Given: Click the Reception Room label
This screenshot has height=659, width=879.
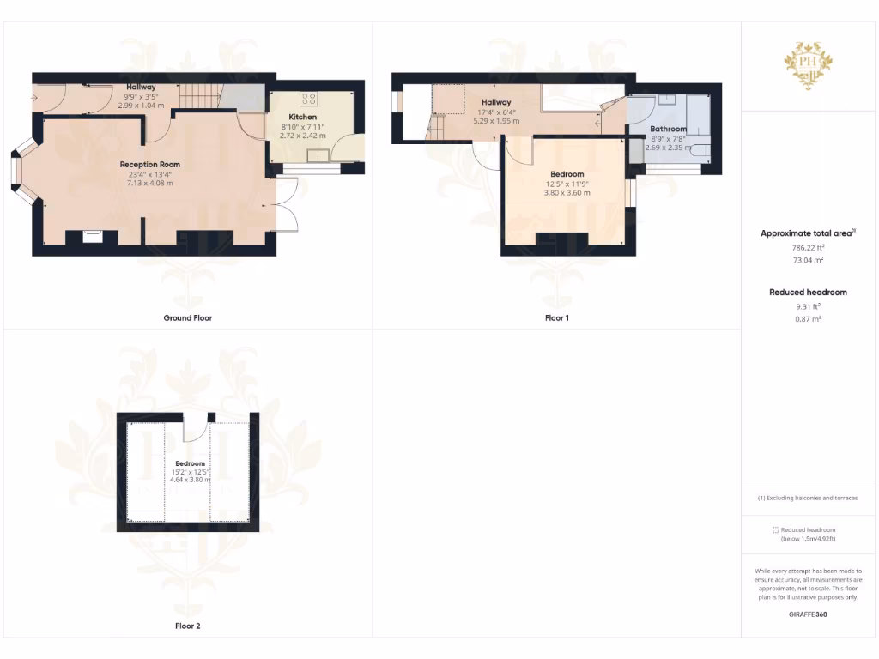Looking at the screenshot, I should click(150, 164).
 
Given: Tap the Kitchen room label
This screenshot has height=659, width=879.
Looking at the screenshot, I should click(302, 117).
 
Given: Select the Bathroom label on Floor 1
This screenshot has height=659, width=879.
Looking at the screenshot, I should click(669, 129).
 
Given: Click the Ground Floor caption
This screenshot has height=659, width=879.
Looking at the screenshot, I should click(188, 317).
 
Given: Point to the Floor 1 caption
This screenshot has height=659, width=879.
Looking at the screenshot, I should click(557, 317).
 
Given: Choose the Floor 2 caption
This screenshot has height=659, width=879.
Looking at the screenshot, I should click(188, 626).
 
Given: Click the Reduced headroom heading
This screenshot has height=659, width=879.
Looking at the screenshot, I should click(808, 293).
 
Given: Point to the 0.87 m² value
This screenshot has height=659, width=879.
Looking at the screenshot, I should click(808, 318).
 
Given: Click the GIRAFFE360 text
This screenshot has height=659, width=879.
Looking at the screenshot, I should click(808, 614).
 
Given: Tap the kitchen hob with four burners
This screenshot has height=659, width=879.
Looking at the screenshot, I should click(308, 97).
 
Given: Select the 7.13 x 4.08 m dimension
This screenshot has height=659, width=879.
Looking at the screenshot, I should click(150, 183).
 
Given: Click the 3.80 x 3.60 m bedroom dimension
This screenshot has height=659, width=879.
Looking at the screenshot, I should click(567, 193).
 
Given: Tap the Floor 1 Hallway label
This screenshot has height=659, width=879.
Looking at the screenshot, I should click(496, 102).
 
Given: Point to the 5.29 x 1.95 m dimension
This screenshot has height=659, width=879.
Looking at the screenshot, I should click(496, 121).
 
